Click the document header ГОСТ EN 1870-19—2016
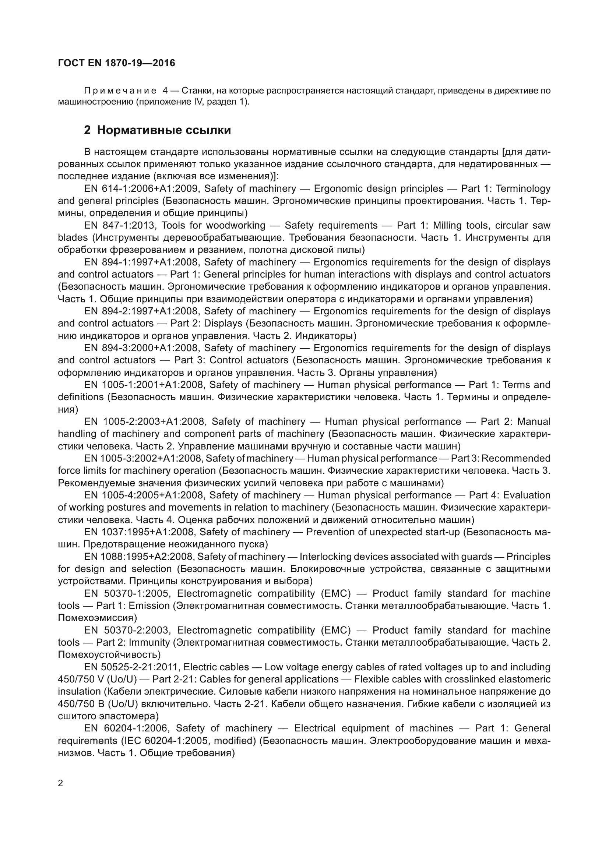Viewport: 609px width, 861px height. point(117,63)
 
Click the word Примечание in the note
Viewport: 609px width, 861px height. point(120,91)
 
